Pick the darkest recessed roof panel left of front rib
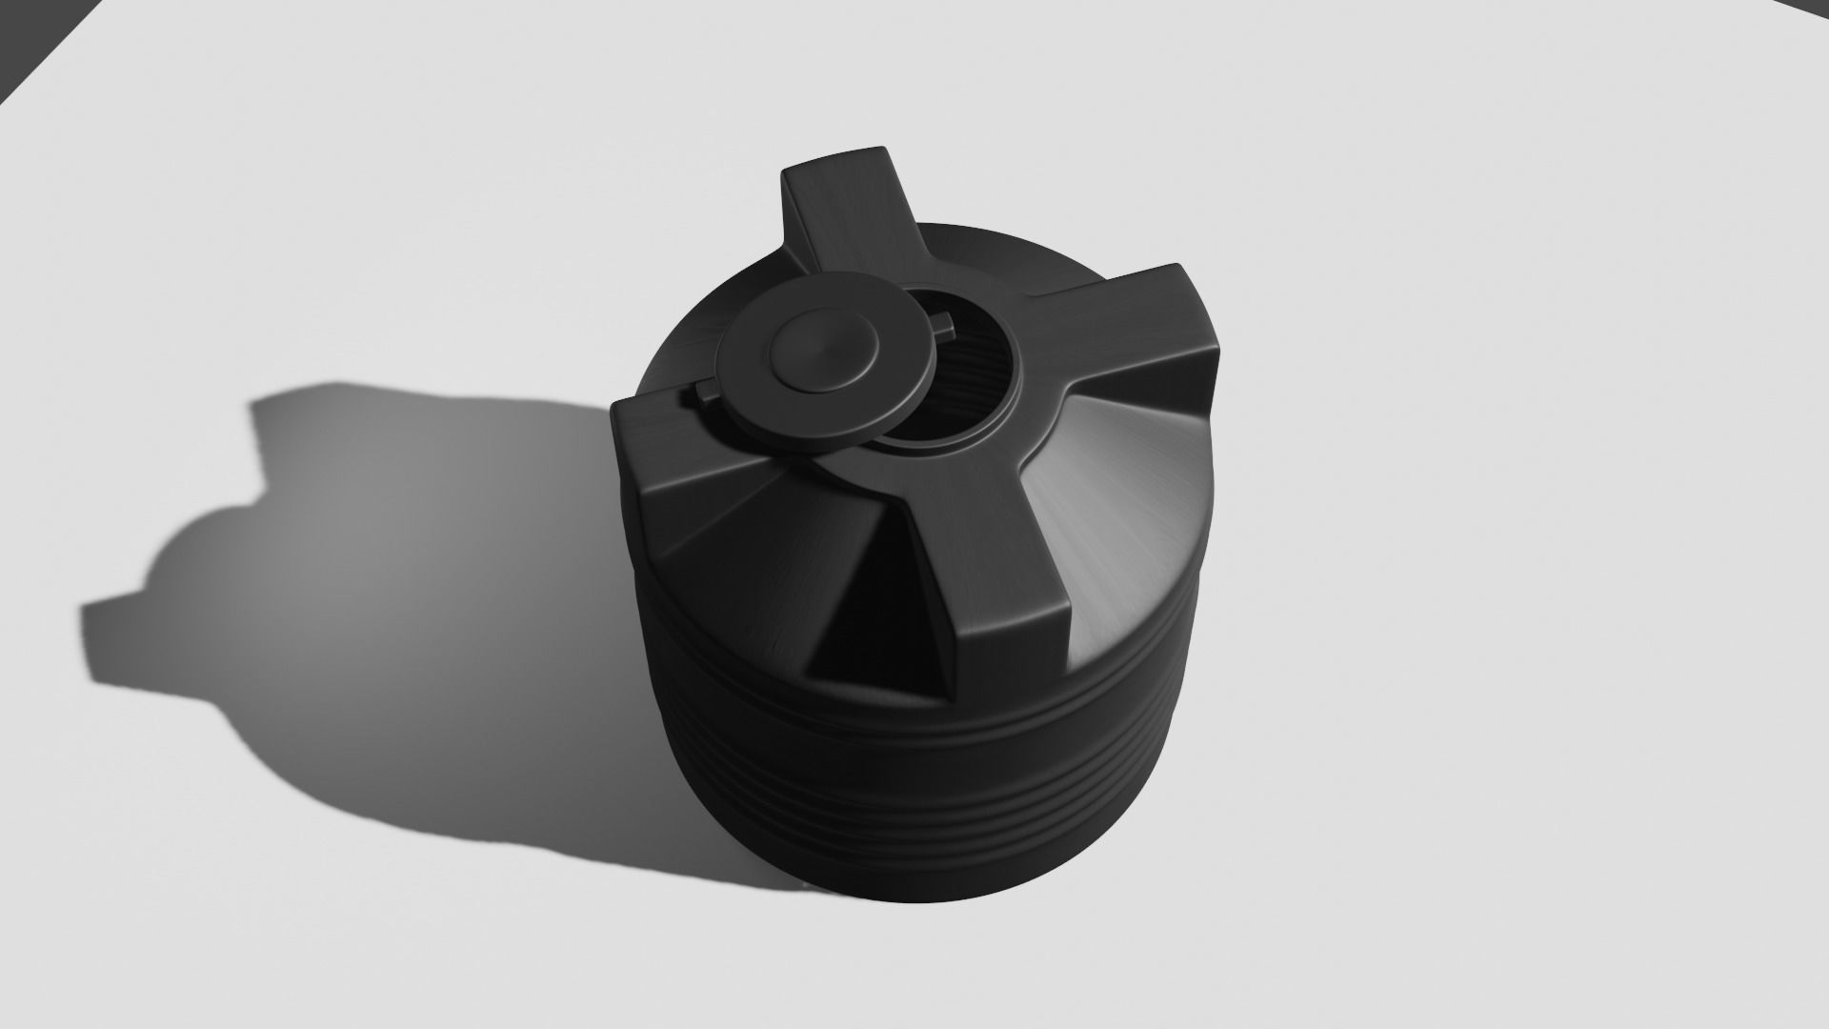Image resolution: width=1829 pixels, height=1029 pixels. pyautogui.click(x=857, y=610)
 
